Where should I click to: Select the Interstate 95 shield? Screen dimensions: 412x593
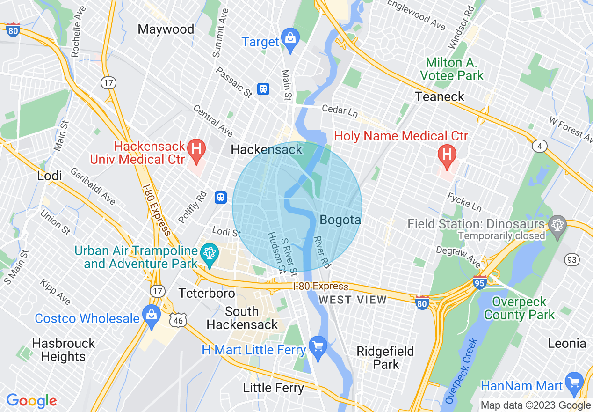click(x=480, y=281)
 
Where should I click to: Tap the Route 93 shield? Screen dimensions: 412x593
click(x=572, y=260)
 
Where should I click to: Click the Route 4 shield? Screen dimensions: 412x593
click(x=540, y=147)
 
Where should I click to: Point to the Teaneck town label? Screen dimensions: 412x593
click(x=440, y=97)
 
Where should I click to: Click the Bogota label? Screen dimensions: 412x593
click(x=340, y=220)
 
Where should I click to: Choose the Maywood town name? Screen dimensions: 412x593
click(x=166, y=29)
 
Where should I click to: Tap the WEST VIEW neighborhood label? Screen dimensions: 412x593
click(x=353, y=300)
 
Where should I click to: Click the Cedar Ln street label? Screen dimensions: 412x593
click(x=340, y=110)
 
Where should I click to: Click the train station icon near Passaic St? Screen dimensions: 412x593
click(x=263, y=89)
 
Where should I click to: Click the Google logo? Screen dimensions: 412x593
click(x=31, y=401)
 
